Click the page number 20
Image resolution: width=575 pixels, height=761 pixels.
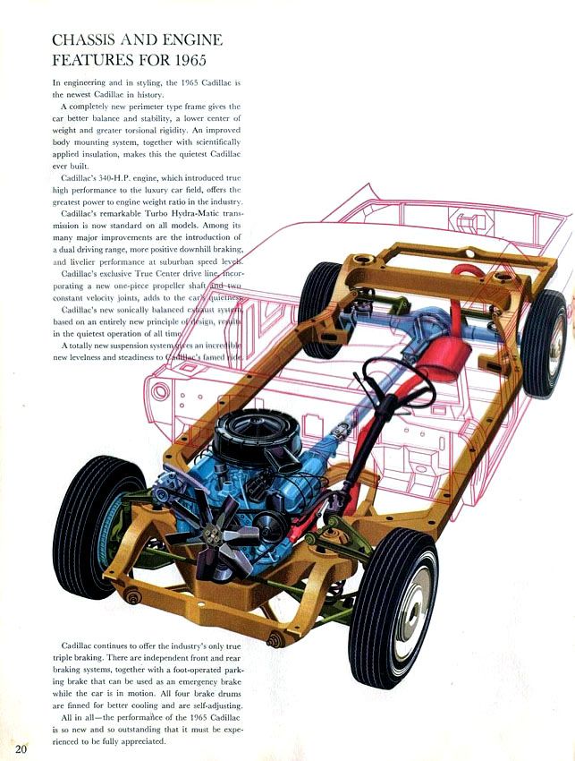[x=21, y=748]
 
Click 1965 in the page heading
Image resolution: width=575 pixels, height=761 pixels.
[x=190, y=60]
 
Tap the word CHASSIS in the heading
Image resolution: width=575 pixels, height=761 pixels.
[x=80, y=39]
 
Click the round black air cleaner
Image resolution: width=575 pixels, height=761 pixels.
[x=246, y=433]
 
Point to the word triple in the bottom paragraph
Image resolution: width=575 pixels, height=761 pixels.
[x=63, y=658]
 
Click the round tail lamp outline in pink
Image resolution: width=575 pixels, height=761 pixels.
[x=159, y=390]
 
